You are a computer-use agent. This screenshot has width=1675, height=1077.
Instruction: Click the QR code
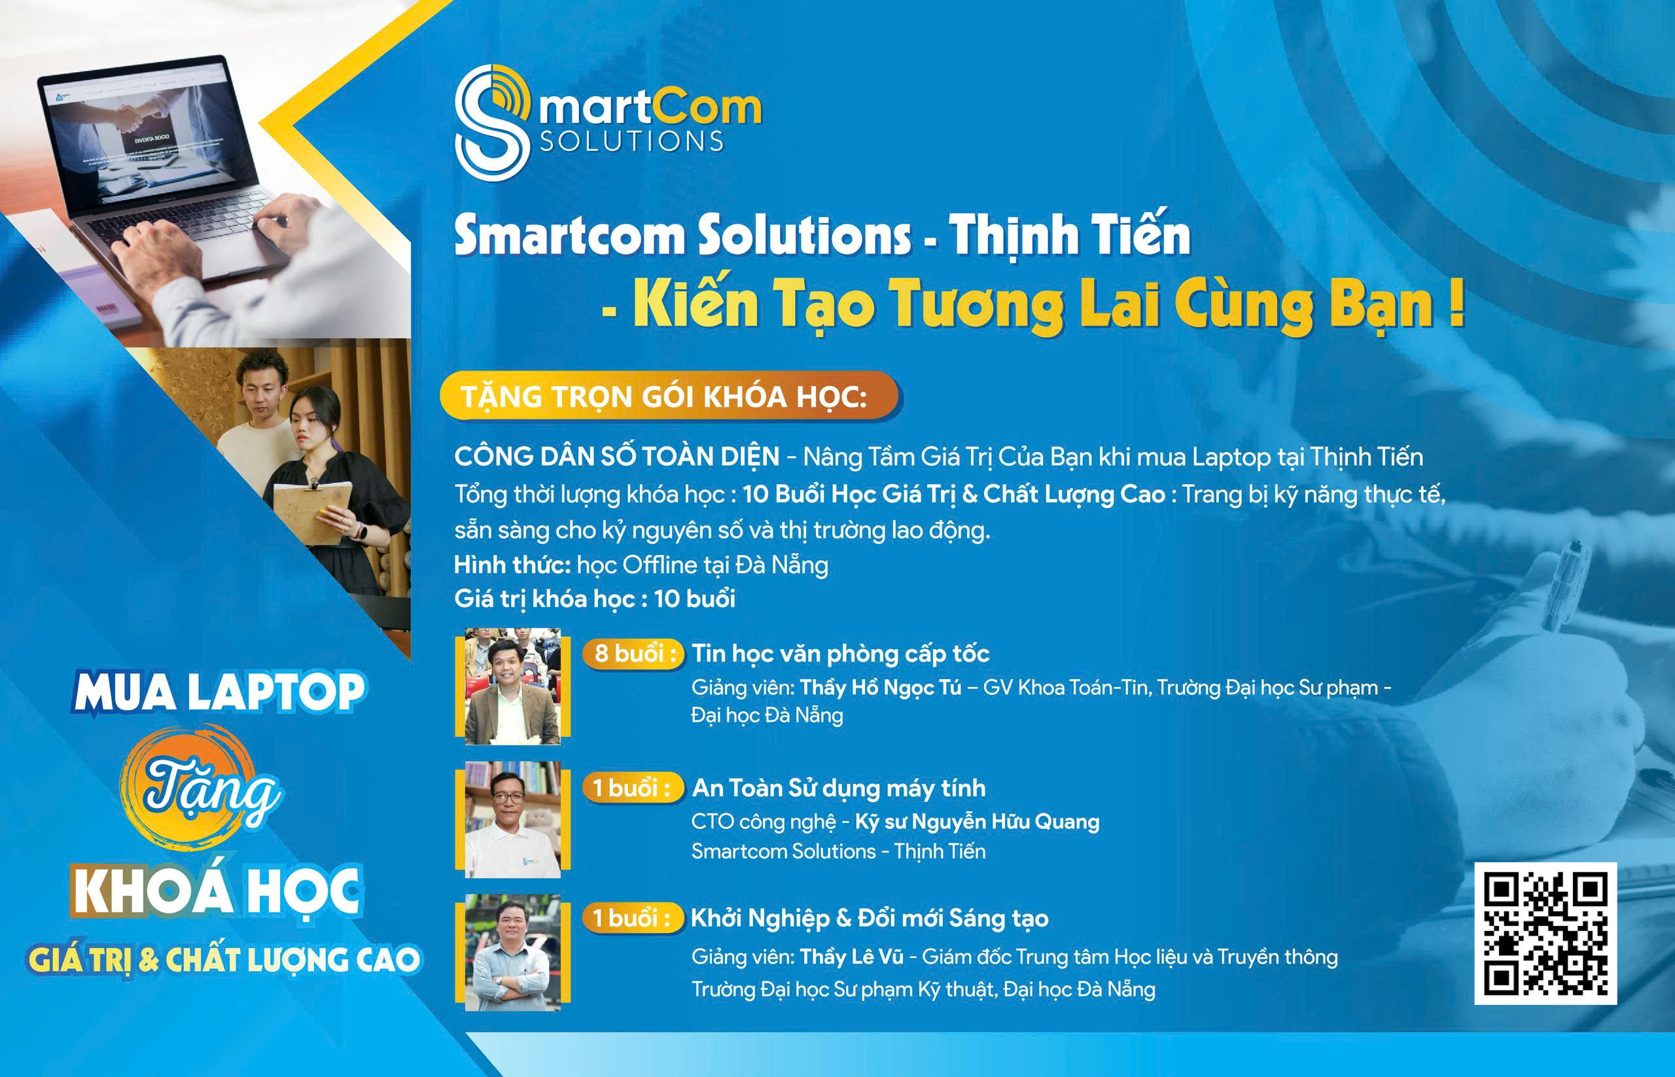[1545, 934]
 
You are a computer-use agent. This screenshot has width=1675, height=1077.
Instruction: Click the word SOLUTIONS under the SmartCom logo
[632, 141]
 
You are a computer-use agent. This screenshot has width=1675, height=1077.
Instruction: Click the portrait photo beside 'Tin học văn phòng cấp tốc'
[512, 686]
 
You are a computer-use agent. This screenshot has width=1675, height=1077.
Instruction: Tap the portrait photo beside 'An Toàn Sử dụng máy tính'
[512, 819]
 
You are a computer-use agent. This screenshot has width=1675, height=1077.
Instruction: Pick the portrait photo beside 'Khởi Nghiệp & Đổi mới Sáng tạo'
[512, 952]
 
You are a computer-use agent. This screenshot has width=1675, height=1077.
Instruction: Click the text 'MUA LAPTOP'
[219, 692]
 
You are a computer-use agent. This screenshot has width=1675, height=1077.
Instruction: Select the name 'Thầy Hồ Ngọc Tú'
[881, 688]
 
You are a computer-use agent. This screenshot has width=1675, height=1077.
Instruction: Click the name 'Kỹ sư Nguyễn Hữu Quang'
[977, 822]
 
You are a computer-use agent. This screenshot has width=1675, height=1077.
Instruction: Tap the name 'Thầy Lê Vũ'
[852, 957]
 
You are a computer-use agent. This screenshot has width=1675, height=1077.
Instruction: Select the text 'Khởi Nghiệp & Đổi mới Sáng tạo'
[870, 918]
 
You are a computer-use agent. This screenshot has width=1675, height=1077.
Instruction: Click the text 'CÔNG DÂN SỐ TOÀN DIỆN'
[617, 457]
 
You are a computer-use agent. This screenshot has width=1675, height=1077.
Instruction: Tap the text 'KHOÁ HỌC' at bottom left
[217, 891]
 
